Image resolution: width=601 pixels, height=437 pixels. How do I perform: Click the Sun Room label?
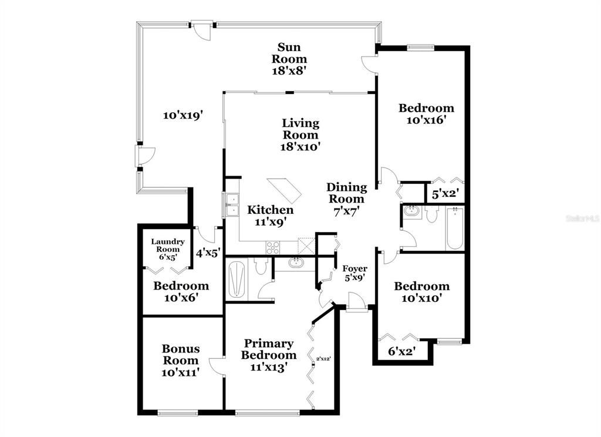[x=292, y=53]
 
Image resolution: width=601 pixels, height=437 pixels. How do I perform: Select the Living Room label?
[x=300, y=129]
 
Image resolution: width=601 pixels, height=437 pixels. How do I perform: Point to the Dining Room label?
[x=346, y=193]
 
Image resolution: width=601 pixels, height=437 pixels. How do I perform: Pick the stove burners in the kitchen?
[x=274, y=248]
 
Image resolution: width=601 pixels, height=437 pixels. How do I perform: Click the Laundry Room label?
[x=168, y=246]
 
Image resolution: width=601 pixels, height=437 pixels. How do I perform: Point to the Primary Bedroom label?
[x=269, y=349]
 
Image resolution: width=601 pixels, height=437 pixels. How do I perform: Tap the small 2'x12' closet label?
[x=324, y=358]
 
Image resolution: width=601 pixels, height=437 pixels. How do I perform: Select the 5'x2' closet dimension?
[x=445, y=193]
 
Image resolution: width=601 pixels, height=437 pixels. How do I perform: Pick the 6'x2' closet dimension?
[x=402, y=351]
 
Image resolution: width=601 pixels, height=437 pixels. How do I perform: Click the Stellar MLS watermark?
[x=581, y=218]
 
